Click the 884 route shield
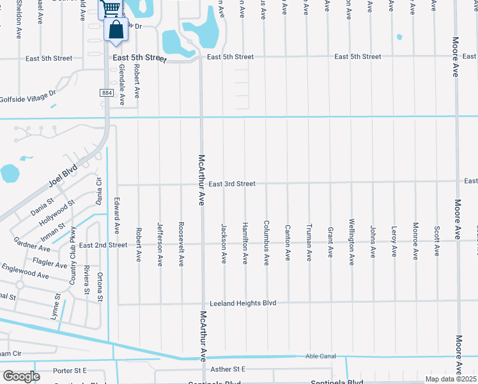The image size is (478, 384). (x=106, y=93)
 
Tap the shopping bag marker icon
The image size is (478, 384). (x=116, y=30)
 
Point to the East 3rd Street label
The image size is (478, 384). (x=231, y=184)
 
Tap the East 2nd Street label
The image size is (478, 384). (x=103, y=245)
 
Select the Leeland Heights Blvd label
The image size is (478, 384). (x=243, y=303)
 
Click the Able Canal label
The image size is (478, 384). (x=320, y=357)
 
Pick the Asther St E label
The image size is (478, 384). (x=227, y=369)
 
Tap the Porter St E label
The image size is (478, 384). (x=70, y=371)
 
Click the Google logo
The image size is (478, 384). (x=21, y=376)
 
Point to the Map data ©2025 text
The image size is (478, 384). (x=451, y=379)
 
